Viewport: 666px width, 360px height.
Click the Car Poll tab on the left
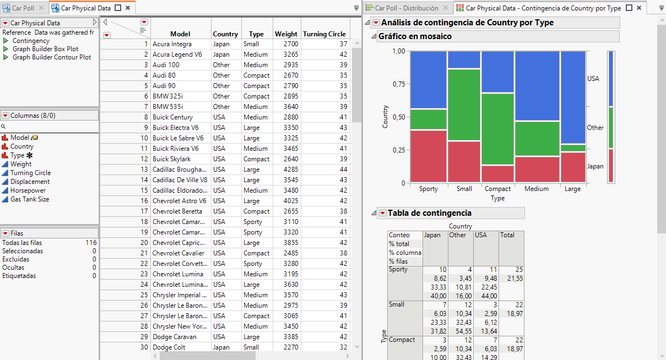[23, 8]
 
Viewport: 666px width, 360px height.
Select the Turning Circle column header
[324, 34]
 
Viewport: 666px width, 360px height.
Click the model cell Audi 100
[166, 65]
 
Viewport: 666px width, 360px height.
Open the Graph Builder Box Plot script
[45, 49]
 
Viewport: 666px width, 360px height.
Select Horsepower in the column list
[28, 190]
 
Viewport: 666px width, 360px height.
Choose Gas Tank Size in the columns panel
[30, 199]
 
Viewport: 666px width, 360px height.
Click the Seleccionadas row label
[23, 251]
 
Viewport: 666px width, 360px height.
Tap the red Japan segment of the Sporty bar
[429, 156]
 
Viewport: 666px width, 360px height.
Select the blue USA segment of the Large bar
[572, 97]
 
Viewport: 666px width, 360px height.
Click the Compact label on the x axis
[497, 189]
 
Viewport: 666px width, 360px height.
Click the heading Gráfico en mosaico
[415, 36]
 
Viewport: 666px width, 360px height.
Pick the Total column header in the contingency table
[507, 235]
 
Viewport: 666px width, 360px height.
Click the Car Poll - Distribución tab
[407, 8]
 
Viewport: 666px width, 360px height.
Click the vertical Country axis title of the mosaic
[385, 117]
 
